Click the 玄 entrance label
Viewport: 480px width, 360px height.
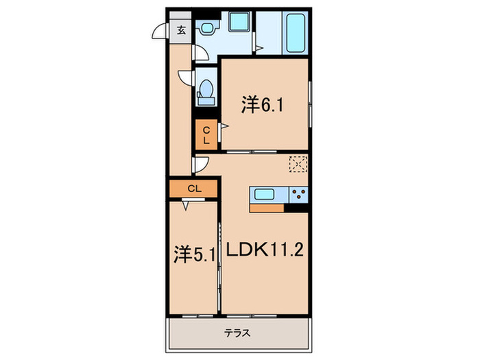coord(181,29)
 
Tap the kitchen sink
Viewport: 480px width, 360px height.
coord(265,193)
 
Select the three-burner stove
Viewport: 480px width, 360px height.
coord(298,193)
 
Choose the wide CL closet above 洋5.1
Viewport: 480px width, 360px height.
coord(193,187)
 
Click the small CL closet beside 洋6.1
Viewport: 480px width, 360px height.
coord(206,134)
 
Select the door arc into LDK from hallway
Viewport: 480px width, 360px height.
coord(200,165)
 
